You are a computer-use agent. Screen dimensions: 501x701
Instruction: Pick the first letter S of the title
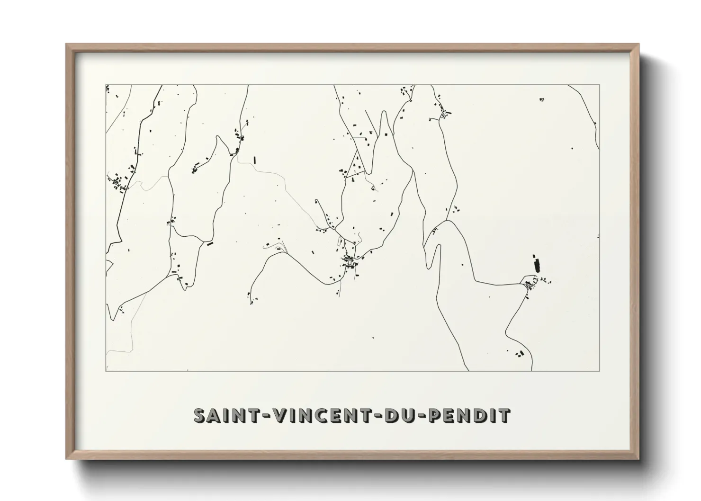[199, 415]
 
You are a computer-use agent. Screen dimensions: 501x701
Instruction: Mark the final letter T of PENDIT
[505, 415]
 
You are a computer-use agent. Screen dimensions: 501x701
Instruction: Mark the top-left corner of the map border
[106, 85]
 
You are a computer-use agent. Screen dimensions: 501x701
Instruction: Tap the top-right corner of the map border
[600, 85]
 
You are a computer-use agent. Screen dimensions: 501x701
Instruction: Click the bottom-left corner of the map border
[106, 371]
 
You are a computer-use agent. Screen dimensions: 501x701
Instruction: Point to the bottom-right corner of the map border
[600, 371]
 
